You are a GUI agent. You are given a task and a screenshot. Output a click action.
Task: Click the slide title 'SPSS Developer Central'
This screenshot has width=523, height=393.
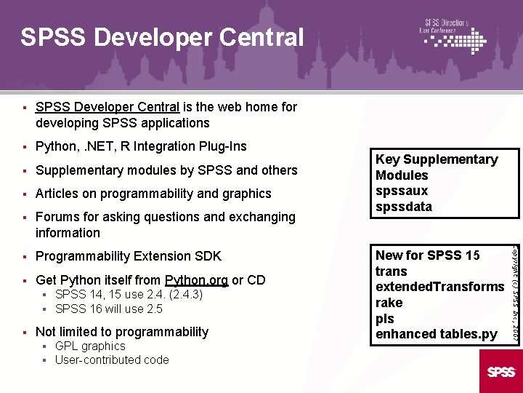pos(161,37)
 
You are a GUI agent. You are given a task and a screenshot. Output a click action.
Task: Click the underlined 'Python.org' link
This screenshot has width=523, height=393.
pos(197,280)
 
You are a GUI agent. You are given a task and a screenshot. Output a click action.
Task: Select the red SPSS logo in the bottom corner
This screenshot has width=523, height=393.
pos(501,371)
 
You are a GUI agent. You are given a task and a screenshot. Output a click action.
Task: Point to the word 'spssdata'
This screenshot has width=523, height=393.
pos(403,207)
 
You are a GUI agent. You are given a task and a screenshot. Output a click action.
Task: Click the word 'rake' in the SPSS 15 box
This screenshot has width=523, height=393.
pos(389,303)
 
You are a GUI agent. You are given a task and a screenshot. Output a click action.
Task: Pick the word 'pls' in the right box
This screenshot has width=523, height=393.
pos(384,319)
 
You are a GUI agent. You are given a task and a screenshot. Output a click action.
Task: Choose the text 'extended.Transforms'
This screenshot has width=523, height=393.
pos(439,287)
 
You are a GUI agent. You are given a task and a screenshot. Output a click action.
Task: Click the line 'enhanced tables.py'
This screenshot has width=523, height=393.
pos(436,335)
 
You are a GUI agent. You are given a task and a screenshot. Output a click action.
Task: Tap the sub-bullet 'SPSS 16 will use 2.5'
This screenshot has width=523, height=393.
pos(109,309)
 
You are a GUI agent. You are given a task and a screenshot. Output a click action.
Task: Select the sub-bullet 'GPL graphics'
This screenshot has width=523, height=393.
pos(90,346)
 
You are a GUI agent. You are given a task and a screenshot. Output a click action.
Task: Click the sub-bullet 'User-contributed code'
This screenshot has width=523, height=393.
pos(112,360)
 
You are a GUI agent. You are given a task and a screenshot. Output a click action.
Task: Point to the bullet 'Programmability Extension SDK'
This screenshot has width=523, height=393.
pos(128,256)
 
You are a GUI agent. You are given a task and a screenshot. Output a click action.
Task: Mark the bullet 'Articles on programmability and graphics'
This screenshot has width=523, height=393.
pos(153,194)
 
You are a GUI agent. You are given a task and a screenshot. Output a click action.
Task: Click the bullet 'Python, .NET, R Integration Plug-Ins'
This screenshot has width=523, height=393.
pos(141,146)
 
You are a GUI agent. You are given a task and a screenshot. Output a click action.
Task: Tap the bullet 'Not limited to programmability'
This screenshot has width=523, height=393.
pos(122,332)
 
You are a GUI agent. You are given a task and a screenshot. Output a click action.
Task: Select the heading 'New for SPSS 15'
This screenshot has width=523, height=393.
pos(427,255)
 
